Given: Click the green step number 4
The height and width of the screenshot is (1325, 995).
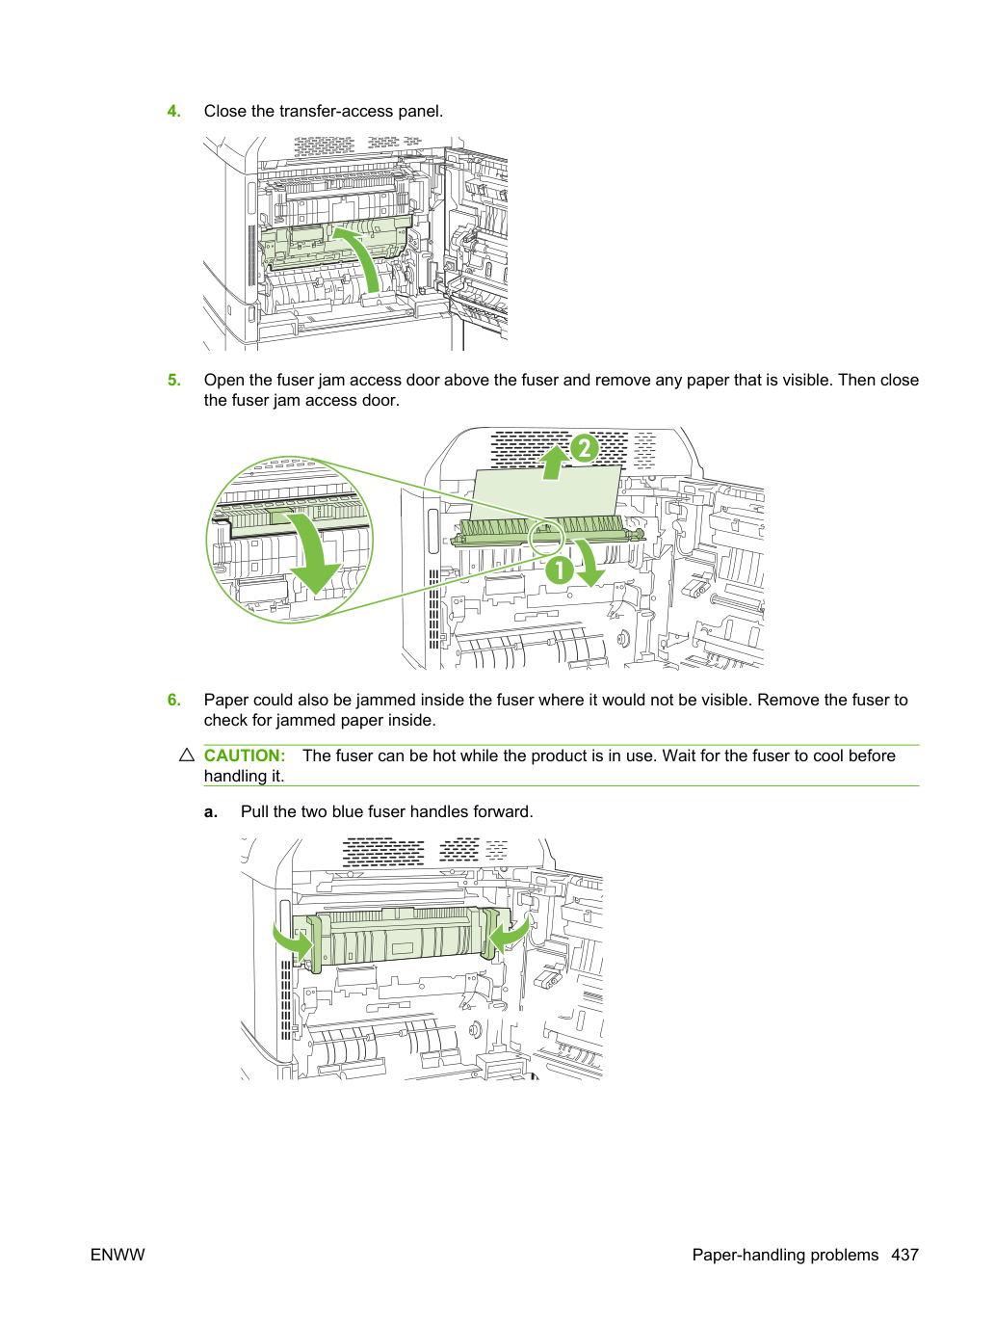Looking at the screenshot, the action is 173,112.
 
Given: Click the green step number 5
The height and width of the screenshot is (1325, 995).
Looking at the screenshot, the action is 173,381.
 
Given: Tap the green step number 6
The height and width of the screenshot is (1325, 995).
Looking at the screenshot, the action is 173,701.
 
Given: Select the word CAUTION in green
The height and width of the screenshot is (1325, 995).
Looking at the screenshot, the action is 245,755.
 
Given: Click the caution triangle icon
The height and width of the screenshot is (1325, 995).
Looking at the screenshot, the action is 187,755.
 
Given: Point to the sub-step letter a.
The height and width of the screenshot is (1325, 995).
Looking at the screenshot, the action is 211,812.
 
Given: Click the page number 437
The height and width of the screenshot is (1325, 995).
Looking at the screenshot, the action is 904,1255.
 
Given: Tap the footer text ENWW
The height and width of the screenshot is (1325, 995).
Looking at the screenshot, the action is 118,1255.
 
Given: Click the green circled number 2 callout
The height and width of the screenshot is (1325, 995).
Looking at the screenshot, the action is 584,448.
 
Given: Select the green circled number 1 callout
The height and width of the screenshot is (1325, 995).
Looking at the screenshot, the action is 560,570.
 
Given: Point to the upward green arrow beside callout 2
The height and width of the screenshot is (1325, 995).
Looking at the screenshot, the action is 553,464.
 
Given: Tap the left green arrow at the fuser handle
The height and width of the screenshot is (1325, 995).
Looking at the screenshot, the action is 293,941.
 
